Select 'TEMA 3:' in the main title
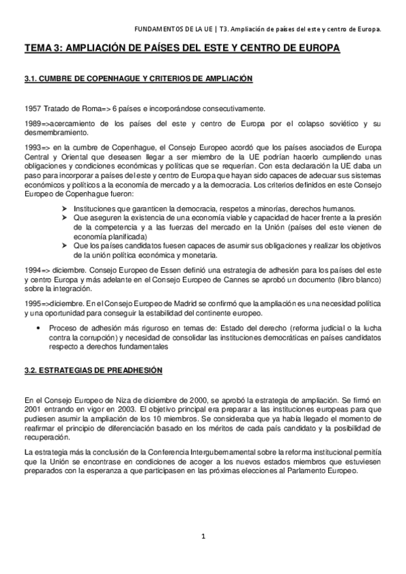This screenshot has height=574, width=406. [x=43, y=49]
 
